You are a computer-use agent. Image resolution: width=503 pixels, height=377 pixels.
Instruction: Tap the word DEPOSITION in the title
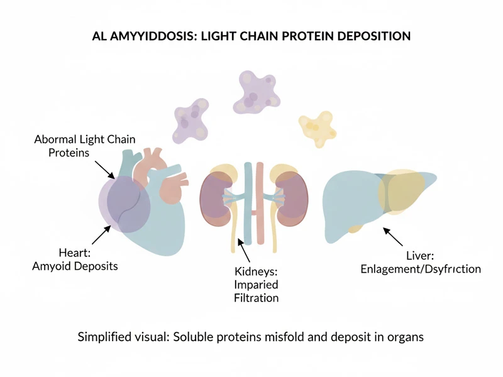click(x=371, y=36)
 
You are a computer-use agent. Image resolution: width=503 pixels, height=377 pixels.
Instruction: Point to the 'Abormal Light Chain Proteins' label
click(x=84, y=146)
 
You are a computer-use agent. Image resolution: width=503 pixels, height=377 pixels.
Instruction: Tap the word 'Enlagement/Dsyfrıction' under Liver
click(x=421, y=269)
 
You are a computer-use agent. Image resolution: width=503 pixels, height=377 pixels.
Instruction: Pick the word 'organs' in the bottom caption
click(x=405, y=337)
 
